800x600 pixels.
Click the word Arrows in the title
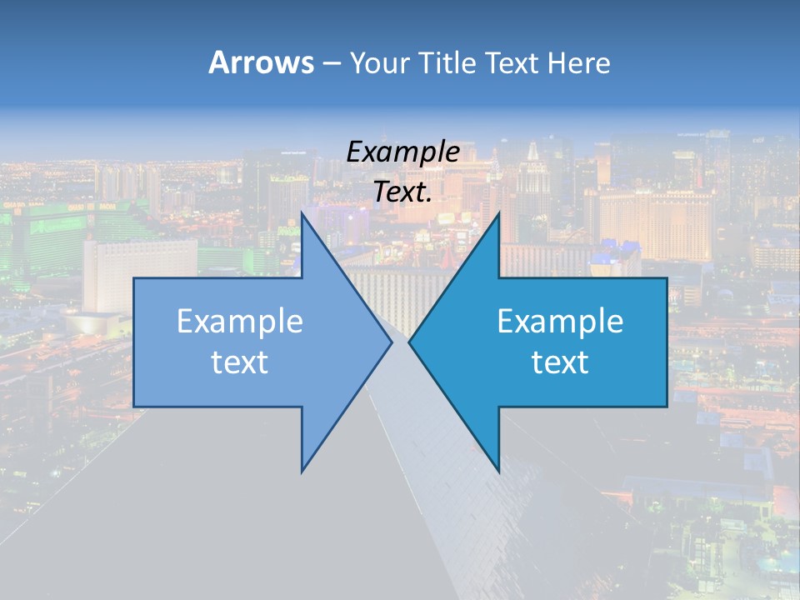[260, 62]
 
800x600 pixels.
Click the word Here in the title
[580, 62]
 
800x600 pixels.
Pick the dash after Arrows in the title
[331, 64]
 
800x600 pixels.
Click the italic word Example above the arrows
[402, 152]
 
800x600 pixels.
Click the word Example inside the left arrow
[239, 322]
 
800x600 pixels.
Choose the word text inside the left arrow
[239, 362]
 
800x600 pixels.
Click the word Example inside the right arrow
[560, 322]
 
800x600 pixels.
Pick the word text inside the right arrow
[560, 362]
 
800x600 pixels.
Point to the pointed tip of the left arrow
[391, 342]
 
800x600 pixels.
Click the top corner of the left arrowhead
[302, 213]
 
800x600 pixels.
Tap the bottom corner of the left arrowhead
[302, 471]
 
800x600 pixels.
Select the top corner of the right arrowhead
[498, 213]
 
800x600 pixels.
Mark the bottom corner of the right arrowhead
[498, 471]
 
